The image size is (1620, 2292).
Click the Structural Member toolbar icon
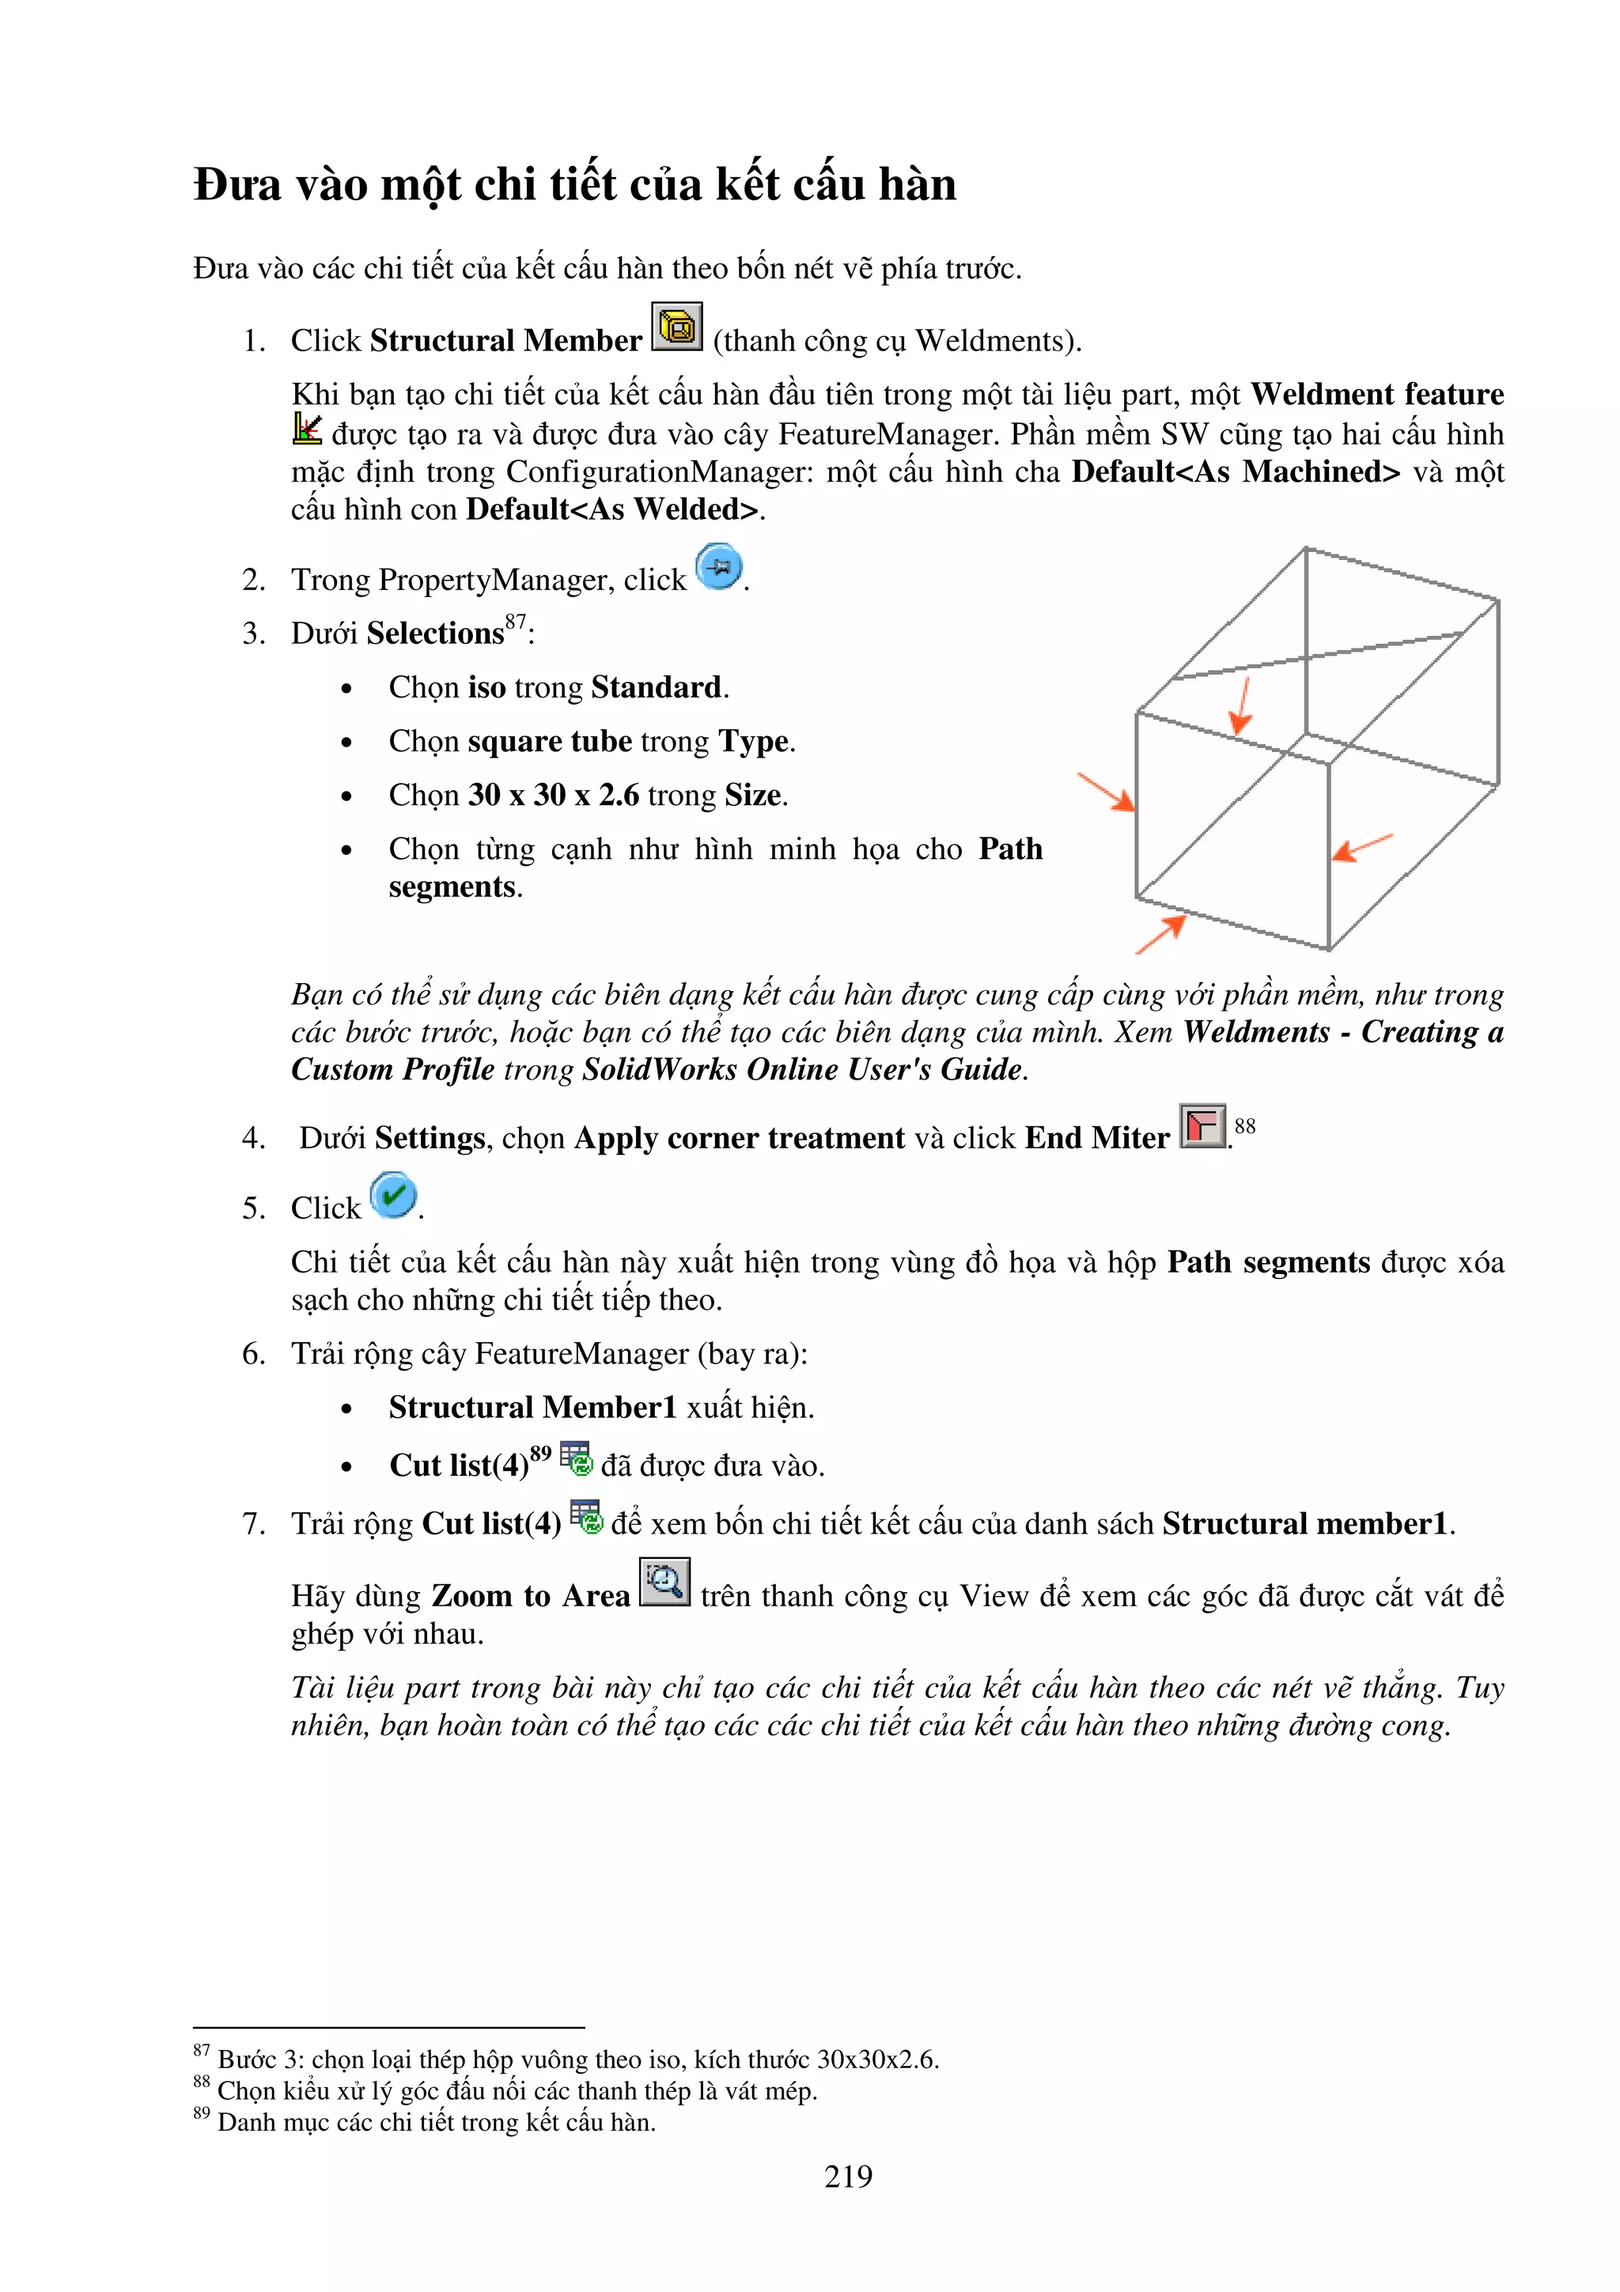coord(677,327)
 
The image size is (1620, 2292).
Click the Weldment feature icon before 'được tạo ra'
coord(306,429)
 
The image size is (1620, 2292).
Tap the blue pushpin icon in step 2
coord(719,567)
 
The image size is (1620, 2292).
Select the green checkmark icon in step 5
coord(393,1195)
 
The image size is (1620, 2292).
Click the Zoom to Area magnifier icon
coord(664,1583)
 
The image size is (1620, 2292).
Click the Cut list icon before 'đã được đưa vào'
coord(576,1458)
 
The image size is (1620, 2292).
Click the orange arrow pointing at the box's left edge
coord(1106,792)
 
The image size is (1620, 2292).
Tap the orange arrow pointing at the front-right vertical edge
coord(1362,848)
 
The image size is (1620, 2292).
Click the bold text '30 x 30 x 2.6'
coord(553,796)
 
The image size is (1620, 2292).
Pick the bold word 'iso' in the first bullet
coord(486,688)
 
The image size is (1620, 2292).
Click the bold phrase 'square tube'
coord(549,742)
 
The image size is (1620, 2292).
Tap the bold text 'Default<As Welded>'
coord(612,510)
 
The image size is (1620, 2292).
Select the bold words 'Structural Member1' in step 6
coord(532,1408)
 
